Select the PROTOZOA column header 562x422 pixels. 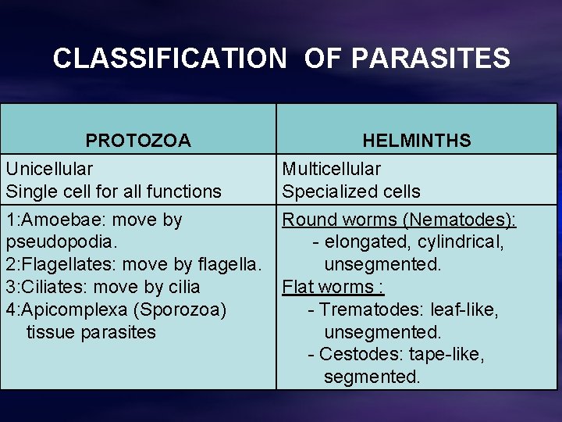point(138,141)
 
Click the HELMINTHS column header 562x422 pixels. point(417,141)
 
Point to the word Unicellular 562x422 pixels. point(49,169)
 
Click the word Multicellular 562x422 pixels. point(332,169)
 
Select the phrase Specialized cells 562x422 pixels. point(351,191)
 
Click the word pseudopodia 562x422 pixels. point(59,242)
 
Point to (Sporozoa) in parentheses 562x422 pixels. point(180,309)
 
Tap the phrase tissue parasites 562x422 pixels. point(91,332)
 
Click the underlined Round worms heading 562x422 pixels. point(336,220)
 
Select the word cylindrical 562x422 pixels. point(460,242)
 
